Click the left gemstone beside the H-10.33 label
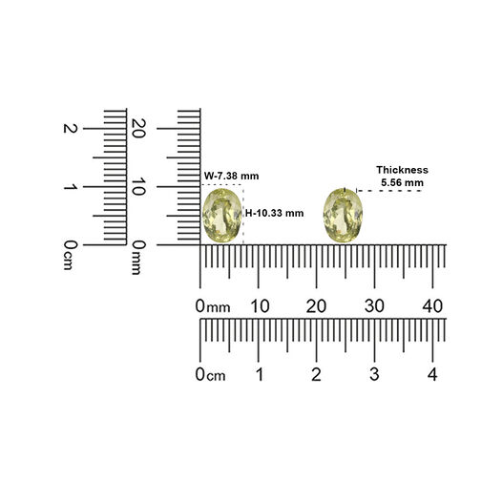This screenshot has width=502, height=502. click(221, 216)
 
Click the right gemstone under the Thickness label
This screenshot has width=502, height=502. click(343, 215)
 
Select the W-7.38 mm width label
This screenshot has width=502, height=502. click(232, 176)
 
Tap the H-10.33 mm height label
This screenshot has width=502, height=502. click(274, 213)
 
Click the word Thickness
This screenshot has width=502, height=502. click(402, 170)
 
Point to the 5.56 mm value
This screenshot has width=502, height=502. click(402, 183)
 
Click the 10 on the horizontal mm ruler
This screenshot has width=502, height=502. click(260, 306)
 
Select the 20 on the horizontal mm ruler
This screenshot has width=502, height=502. click(316, 306)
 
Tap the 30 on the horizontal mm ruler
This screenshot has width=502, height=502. click(374, 306)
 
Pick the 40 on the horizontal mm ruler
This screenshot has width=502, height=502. click(432, 306)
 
